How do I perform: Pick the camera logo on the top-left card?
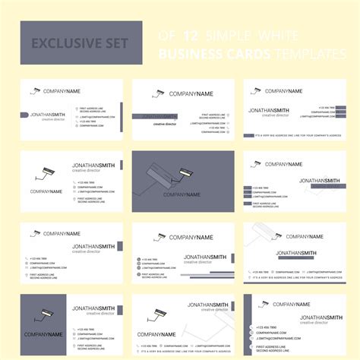(x=35, y=91)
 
